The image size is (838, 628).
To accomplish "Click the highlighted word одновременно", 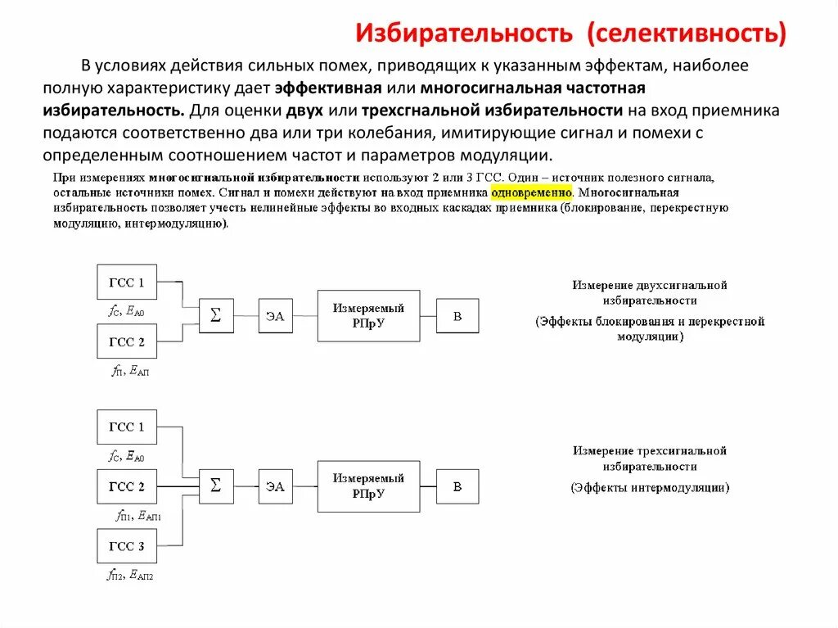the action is [530, 192].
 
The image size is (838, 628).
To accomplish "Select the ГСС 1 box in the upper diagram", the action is [127, 283].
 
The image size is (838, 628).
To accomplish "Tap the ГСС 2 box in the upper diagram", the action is [127, 342].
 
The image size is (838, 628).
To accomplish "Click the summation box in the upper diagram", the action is [216, 315].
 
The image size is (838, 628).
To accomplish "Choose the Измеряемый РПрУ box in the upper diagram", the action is [368, 315].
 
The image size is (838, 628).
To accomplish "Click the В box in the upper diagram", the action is [457, 316].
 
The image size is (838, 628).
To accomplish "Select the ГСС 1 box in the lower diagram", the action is [127, 427].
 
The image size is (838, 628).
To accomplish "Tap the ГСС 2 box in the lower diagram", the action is [127, 487].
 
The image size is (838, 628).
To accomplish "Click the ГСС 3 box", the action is [127, 547].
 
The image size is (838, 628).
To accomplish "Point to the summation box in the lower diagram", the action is [216, 486].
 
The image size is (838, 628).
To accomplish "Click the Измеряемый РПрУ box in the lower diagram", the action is [368, 486].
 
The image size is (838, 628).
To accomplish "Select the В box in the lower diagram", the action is [457, 487].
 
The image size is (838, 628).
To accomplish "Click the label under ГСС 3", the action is [129, 576].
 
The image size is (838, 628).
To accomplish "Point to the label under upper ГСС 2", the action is [130, 371].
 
